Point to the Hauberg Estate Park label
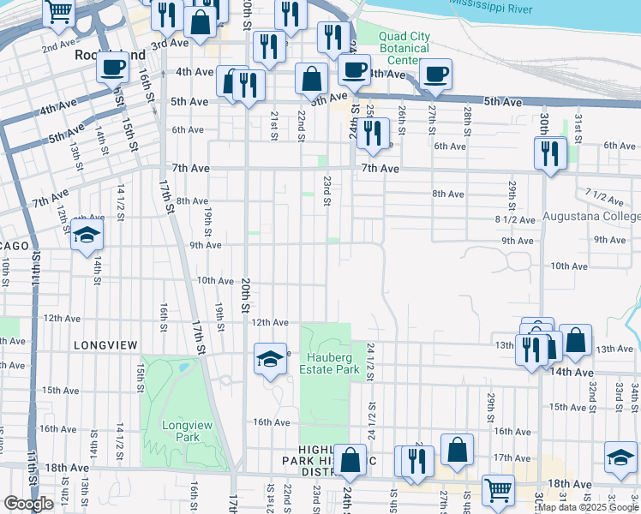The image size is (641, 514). tap(323, 362)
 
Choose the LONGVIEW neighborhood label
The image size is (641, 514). tap(105, 344)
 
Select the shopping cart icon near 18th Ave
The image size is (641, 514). tap(497, 490)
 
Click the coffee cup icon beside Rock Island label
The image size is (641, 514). tap(111, 66)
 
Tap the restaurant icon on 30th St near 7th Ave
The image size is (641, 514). tap(548, 152)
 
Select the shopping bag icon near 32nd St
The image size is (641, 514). tap(575, 340)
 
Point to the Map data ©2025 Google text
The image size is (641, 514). tap(587, 506)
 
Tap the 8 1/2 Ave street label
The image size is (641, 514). tap(515, 219)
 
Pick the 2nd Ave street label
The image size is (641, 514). tap(58, 45)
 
